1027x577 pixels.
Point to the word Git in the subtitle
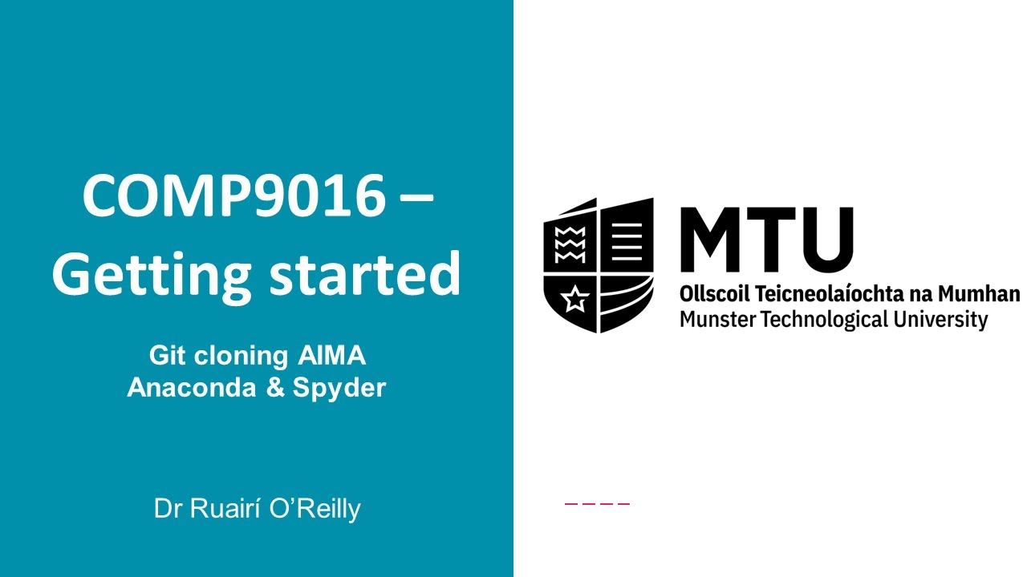point(166,356)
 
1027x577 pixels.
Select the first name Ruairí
point(222,509)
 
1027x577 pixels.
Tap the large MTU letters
point(766,240)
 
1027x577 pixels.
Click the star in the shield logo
point(574,301)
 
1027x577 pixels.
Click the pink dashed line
point(598,504)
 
